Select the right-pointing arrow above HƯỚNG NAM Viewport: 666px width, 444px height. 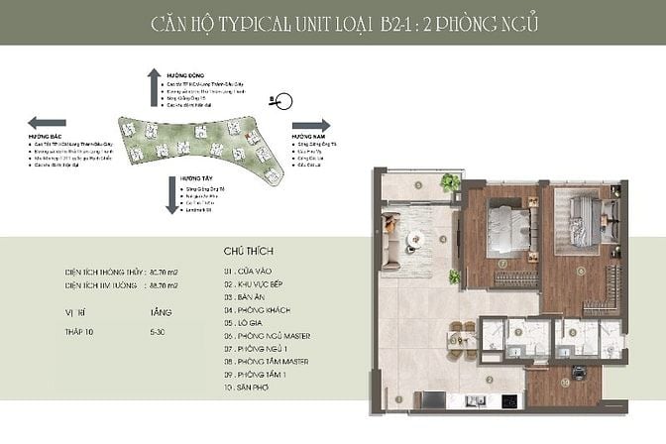coord(312,126)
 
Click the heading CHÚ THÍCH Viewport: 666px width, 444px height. coord(249,252)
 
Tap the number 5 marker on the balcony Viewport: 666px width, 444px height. coord(420,184)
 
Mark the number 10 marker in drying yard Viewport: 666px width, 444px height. coord(563,382)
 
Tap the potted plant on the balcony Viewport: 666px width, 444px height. coord(452,183)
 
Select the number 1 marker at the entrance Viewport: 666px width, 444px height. coord(398,399)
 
